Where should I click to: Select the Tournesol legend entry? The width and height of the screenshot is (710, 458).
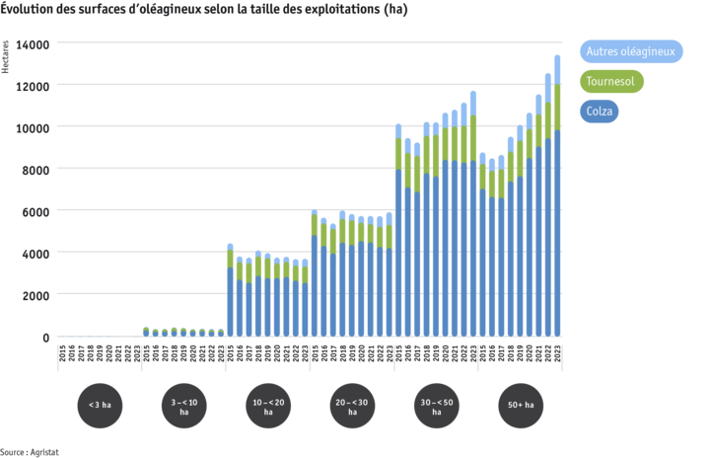coord(610,82)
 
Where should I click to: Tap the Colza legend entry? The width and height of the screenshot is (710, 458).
coord(600,112)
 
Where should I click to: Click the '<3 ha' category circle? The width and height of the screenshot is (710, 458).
coord(100,405)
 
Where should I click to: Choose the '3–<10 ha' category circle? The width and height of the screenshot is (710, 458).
coord(184,405)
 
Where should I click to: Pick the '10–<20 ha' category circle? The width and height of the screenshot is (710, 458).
coord(268,405)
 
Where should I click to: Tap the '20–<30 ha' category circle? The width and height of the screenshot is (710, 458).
coord(352,405)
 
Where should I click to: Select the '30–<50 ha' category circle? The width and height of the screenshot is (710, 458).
coord(436,405)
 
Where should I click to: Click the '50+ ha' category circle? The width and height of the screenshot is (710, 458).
coord(521,405)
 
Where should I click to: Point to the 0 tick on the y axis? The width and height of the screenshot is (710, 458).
coord(43,337)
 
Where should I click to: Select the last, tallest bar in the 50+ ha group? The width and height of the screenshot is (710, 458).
coord(557,197)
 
